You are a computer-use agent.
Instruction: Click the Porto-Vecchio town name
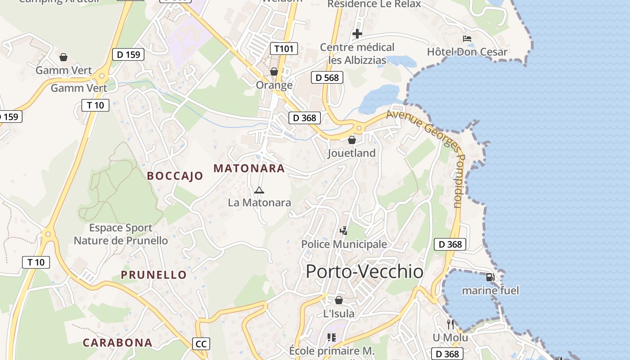tap(364, 272)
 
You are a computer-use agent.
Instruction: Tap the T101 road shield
tap(284, 49)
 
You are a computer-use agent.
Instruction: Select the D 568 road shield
tap(327, 77)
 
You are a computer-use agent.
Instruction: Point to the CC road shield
tap(201, 344)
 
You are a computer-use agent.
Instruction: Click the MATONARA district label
tap(249, 168)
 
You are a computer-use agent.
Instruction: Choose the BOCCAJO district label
tap(175, 176)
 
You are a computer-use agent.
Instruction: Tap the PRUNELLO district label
tap(153, 274)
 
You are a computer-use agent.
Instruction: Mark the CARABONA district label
tap(117, 342)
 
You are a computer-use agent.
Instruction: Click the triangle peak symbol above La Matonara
tap(259, 190)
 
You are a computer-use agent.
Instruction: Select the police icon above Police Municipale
tap(344, 231)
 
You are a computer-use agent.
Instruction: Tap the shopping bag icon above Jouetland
tap(352, 140)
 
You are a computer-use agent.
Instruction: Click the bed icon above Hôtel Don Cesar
tap(467, 39)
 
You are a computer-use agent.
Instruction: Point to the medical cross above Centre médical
tap(357, 34)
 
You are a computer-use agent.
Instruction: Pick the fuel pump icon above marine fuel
tap(490, 277)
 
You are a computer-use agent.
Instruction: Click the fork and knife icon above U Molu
tap(450, 324)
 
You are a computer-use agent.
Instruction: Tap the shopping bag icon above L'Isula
tap(339, 300)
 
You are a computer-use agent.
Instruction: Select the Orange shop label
tap(274, 85)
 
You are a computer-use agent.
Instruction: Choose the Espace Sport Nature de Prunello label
tap(121, 234)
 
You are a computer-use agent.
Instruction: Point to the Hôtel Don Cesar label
tap(467, 52)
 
